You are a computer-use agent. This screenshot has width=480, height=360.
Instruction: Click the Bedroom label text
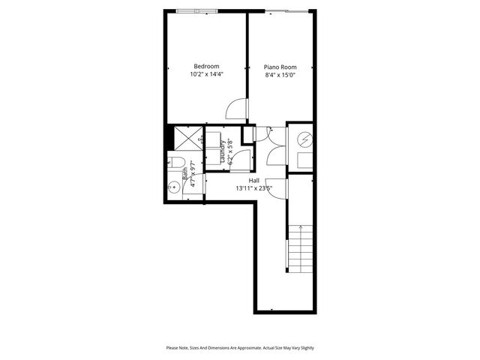coord(206,66)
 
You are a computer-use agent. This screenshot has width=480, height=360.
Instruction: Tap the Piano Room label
coord(280,67)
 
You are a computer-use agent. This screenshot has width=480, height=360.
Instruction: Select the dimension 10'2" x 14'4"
coord(206,74)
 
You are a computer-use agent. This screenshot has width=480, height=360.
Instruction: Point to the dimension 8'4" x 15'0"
coord(280,75)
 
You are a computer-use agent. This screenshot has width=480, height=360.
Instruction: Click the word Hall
coord(253,181)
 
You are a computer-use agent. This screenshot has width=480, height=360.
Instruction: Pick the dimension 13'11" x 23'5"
coord(253,189)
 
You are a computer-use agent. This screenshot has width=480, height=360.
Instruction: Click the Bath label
coord(185,176)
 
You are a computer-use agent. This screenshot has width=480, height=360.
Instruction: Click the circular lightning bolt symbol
coord(306,139)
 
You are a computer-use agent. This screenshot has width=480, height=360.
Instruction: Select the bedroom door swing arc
coord(235,109)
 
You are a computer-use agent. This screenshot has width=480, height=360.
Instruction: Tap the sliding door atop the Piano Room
coord(285,10)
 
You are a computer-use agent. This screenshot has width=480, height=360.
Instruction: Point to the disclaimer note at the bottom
coord(239,348)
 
